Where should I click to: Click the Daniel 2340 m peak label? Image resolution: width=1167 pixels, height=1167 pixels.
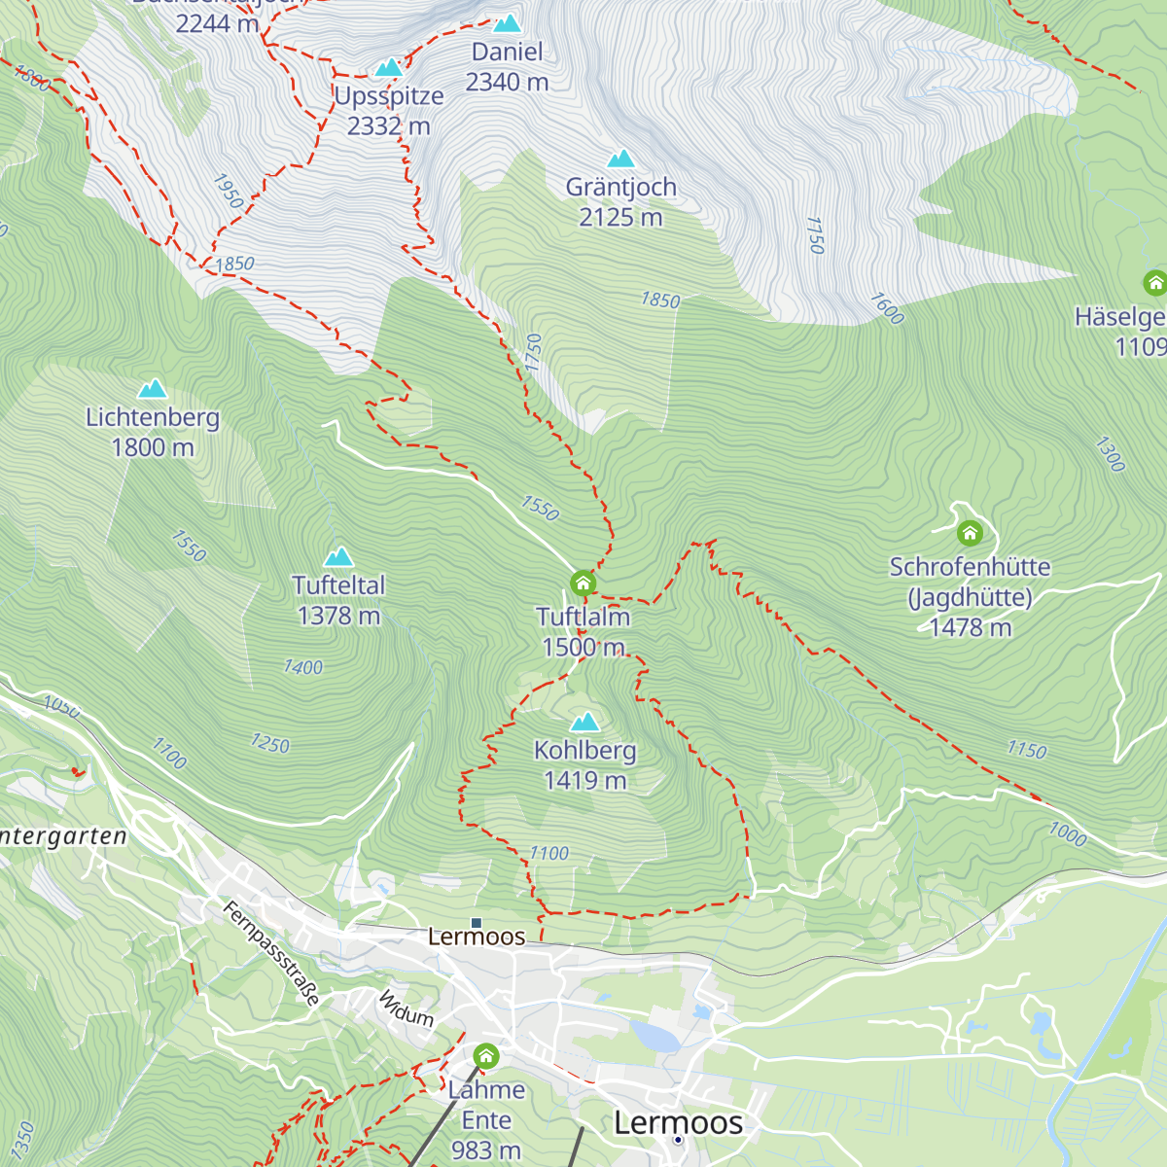tap(507, 67)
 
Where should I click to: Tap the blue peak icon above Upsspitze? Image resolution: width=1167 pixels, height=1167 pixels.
tap(389, 67)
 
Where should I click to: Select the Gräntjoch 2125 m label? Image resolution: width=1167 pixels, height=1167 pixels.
tap(620, 201)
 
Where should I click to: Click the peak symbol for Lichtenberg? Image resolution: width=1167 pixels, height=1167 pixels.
tap(152, 389)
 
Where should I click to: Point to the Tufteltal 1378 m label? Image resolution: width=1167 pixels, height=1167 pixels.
tap(338, 600)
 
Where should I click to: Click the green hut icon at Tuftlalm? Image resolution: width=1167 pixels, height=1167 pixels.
tap(583, 583)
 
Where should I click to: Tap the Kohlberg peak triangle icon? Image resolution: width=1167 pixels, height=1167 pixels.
tap(584, 722)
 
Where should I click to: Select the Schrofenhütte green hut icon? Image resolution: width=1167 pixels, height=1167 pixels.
tap(970, 532)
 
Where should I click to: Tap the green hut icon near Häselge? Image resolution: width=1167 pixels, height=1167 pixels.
tap(1154, 283)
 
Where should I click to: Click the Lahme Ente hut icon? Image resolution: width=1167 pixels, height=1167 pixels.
tap(486, 1055)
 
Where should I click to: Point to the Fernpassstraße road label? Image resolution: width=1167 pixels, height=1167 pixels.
tap(271, 953)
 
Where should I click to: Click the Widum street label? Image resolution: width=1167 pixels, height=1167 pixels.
tap(406, 1008)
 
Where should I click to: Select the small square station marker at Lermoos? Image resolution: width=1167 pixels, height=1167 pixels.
tap(477, 922)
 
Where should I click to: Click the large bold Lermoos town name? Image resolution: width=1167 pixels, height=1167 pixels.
tap(678, 1122)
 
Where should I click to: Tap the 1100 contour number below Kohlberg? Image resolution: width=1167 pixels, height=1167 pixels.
tap(548, 853)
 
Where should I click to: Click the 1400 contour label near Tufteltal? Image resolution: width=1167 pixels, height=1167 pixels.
tap(302, 667)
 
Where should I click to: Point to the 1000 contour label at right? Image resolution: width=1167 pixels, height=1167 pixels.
tap(1067, 833)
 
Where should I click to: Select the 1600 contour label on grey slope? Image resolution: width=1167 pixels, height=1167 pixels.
tap(887, 308)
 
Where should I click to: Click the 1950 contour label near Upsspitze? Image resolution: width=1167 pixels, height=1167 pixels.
tap(229, 192)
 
